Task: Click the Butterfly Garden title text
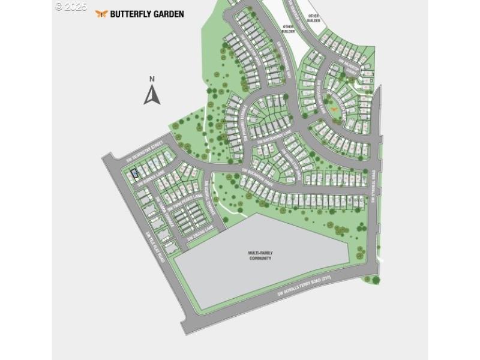147,14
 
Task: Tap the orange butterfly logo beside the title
101,14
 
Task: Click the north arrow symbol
152,95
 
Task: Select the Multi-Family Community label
260,256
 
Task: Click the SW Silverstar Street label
145,151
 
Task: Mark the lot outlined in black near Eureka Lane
134,174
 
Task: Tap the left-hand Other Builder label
288,29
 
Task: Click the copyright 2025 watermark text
71,7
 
